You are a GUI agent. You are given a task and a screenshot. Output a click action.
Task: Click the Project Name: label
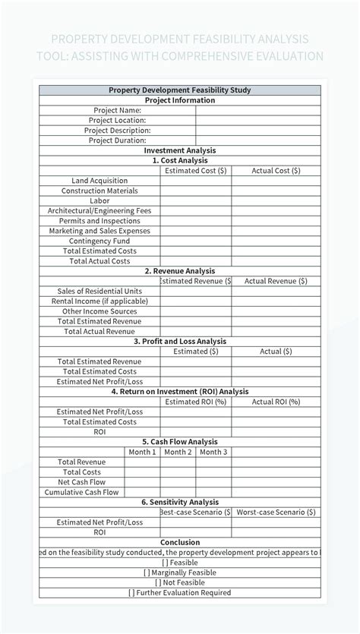pyautogui.click(x=115, y=110)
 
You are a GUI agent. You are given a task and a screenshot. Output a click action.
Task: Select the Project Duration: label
pyautogui.click(x=117, y=140)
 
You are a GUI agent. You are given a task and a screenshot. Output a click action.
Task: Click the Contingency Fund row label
pyautogui.click(x=99, y=241)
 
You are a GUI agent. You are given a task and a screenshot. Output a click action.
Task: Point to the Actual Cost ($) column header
pyautogui.click(x=276, y=171)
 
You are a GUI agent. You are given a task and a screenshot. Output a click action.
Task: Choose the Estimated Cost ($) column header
pyautogui.click(x=195, y=171)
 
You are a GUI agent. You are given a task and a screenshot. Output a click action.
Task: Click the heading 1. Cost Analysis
pyautogui.click(x=180, y=161)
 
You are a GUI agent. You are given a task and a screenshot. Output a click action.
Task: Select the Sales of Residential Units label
pyautogui.click(x=99, y=291)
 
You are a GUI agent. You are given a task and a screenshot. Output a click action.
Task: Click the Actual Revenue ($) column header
pyautogui.click(x=276, y=281)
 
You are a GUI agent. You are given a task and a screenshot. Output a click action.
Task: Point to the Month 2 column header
pyautogui.click(x=178, y=452)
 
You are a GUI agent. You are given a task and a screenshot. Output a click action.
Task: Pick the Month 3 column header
pyautogui.click(x=213, y=452)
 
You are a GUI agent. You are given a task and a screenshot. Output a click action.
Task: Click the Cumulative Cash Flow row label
pyautogui.click(x=81, y=492)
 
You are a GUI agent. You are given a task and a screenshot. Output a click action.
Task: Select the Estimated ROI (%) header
pyautogui.click(x=195, y=402)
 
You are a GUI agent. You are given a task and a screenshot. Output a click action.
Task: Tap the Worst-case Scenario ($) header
pyautogui.click(x=276, y=512)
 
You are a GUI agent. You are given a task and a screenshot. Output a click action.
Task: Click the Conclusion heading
pyautogui.click(x=180, y=542)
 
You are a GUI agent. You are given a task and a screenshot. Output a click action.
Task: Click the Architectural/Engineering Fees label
pyautogui.click(x=99, y=210)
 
